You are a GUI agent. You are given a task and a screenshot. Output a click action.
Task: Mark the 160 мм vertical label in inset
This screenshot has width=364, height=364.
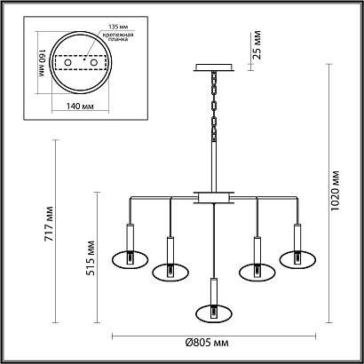(x=41, y=68)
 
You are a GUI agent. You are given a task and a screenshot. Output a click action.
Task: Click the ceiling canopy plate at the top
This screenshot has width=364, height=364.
(x=213, y=67)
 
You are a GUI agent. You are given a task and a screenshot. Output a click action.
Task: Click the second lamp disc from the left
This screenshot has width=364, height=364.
(x=169, y=270)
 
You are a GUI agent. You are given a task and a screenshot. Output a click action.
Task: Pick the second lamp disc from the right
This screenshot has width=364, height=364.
(x=257, y=270)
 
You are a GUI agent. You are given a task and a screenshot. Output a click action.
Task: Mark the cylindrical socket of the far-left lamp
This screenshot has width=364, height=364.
(x=129, y=237)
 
